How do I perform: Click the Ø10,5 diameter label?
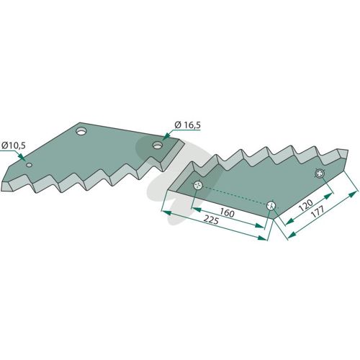[14, 145]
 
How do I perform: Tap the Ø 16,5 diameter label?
[188, 125]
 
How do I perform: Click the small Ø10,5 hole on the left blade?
[30, 165]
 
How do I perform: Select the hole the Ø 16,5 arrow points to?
[157, 145]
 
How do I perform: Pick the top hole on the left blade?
[81, 131]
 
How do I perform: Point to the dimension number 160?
[227, 213]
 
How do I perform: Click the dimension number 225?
[211, 220]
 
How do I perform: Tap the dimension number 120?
[307, 205]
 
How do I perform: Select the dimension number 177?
[318, 211]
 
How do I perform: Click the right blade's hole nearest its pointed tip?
[320, 174]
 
